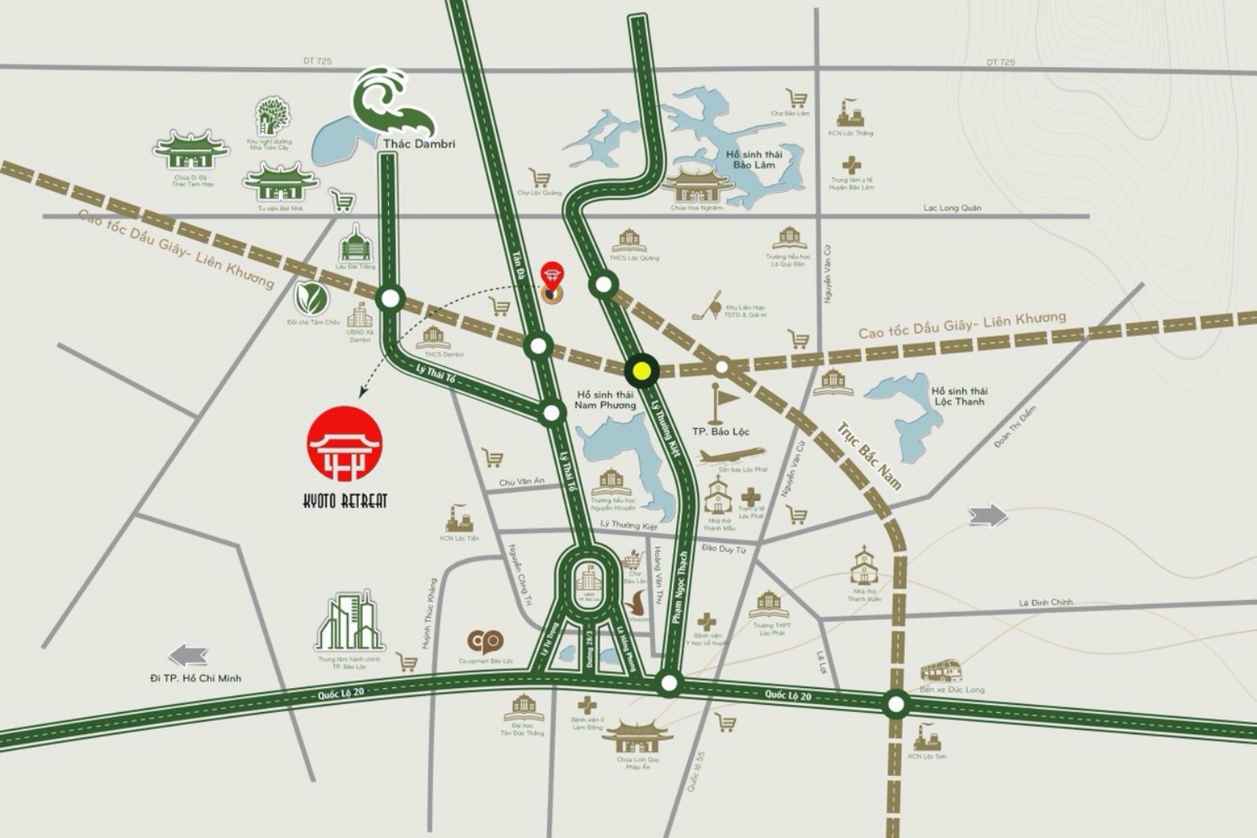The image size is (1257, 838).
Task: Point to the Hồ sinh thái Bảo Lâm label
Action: pyautogui.click(x=753, y=159)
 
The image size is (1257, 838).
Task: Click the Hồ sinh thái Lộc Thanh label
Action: pyautogui.click(x=959, y=396)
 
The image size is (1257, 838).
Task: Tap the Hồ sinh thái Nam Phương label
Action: pyautogui.click(x=605, y=400)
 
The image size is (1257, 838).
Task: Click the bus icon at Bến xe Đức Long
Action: pyautogui.click(x=940, y=671)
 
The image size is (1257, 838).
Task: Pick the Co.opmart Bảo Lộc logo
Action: pyautogui.click(x=485, y=642)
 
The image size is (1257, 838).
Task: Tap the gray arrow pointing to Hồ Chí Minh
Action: pyautogui.click(x=188, y=654)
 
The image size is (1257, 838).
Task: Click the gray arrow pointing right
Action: pyautogui.click(x=988, y=515)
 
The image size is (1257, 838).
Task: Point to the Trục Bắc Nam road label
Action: pyautogui.click(x=868, y=455)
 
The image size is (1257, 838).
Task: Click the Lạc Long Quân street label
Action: pyautogui.click(x=952, y=208)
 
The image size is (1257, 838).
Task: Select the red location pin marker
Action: pyautogui.click(x=551, y=276)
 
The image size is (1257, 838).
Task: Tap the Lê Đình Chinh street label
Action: pyautogui.click(x=1045, y=603)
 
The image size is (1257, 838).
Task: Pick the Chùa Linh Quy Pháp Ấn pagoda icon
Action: pyautogui.click(x=638, y=738)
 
